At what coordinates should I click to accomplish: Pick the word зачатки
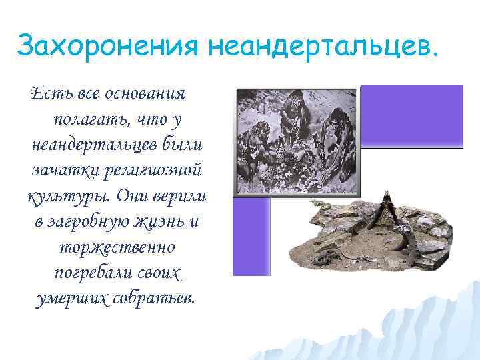click(63, 170)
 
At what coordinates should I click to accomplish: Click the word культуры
click(68, 196)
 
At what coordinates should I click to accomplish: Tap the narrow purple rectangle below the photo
click(251, 236)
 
